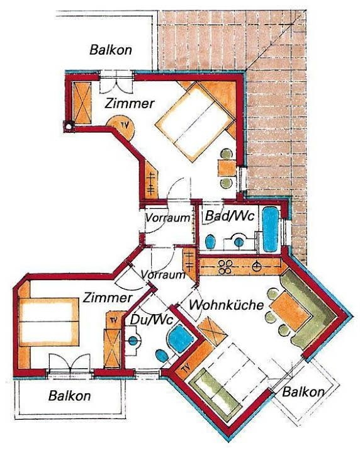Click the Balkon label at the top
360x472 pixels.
click(x=111, y=50)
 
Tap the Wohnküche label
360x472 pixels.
click(x=226, y=305)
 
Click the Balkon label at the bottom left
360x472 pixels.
click(x=69, y=396)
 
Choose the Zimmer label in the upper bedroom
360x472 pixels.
click(x=130, y=104)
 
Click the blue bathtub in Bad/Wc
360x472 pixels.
click(x=270, y=229)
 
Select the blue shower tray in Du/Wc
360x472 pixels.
click(x=180, y=338)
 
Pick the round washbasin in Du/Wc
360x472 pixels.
click(x=133, y=340)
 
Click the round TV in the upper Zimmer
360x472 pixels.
click(x=121, y=127)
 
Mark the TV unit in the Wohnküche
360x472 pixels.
click(x=186, y=368)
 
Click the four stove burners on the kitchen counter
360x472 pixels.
click(x=225, y=267)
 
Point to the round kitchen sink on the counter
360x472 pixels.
click(x=257, y=266)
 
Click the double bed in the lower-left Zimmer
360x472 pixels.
click(x=48, y=322)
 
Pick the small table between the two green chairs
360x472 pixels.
click(x=227, y=168)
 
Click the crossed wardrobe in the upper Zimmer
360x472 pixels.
click(x=82, y=102)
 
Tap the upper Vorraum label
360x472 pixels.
click(x=167, y=218)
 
